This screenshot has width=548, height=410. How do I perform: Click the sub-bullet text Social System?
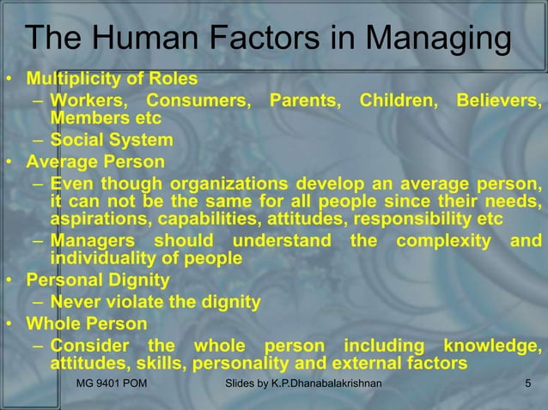[112, 141]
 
